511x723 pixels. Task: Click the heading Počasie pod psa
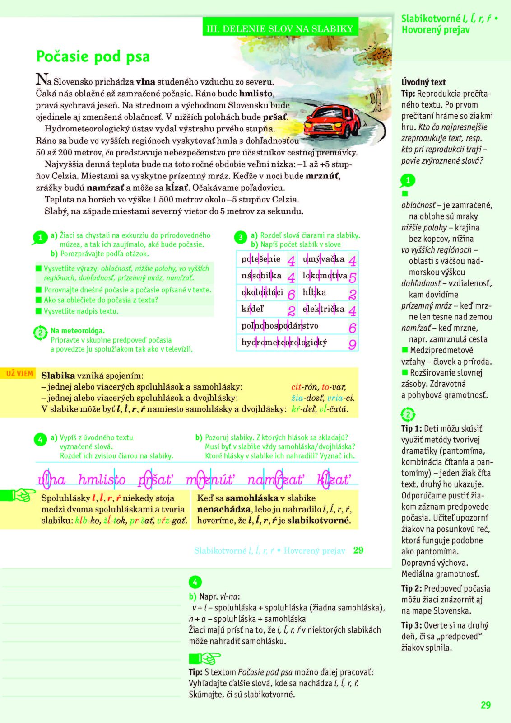point(93,56)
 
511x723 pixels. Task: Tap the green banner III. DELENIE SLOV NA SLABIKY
point(280,28)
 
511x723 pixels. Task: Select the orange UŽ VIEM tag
point(19,373)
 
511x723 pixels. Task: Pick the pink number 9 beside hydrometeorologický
point(352,344)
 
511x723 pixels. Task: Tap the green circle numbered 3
point(241,237)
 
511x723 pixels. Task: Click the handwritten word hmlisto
point(102,479)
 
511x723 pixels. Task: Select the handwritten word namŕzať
point(276,479)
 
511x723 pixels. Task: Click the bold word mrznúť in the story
point(322,176)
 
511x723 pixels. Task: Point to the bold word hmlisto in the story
point(256,94)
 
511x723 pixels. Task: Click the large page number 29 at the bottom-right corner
point(485,705)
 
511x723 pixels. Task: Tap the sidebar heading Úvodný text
point(423,82)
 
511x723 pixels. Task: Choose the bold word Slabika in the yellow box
point(58,376)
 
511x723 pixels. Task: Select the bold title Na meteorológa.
point(78,330)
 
